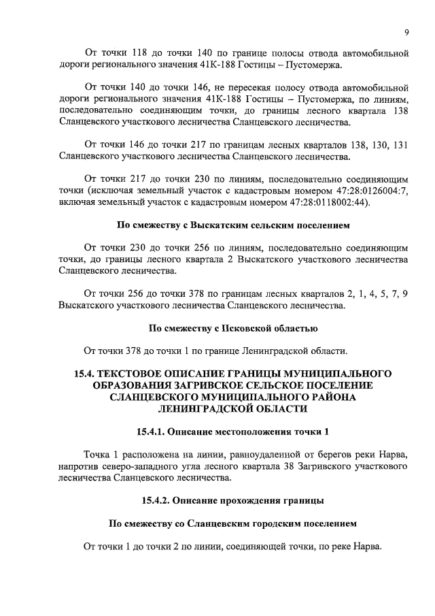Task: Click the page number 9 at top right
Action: pyautogui.click(x=406, y=31)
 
